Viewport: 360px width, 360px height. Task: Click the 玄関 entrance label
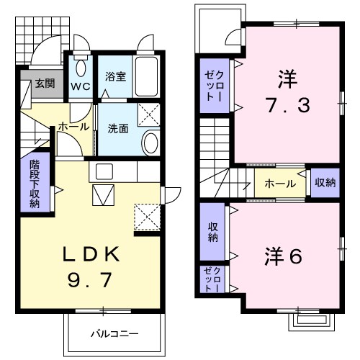45,84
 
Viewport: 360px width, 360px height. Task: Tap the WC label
81,87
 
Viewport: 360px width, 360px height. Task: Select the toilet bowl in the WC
81,68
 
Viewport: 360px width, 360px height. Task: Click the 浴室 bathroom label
115,76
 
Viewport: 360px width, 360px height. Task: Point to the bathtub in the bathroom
146,76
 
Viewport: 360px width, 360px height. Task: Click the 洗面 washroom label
118,129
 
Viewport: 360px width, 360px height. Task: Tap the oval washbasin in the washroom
150,143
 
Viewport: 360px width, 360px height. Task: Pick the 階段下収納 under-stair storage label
35,184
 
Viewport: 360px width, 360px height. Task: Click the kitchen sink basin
104,171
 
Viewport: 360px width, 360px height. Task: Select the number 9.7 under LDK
90,280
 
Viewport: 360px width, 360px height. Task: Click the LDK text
91,254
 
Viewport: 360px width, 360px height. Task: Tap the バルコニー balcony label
114,334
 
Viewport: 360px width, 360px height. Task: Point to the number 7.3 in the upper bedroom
288,105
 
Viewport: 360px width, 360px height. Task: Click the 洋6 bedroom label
283,256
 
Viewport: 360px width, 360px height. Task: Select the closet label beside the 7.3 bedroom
214,86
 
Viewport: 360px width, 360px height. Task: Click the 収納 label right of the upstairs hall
325,183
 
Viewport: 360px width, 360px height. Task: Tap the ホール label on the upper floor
280,184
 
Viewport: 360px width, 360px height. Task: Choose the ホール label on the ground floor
73,127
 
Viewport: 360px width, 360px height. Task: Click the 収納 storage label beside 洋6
213,232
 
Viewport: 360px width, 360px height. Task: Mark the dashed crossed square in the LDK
147,217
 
